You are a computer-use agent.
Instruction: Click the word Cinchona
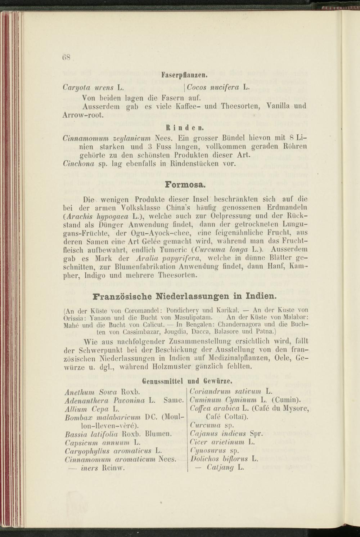tap(79, 164)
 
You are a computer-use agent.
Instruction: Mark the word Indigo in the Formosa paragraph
tap(105, 276)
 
